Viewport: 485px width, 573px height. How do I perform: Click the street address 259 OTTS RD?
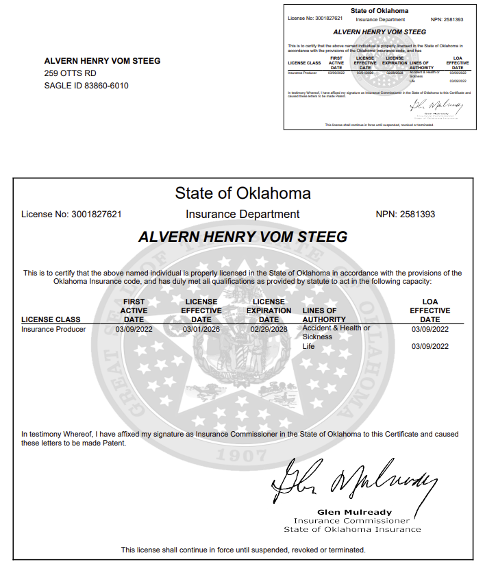coord(71,73)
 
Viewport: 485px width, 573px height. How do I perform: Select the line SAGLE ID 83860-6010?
coord(86,86)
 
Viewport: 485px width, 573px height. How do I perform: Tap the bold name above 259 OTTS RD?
coord(102,61)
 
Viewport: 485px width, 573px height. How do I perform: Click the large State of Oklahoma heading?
coord(242,193)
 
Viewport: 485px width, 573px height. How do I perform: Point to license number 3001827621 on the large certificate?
coord(97,215)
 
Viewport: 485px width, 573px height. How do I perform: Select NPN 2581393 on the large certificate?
coord(406,215)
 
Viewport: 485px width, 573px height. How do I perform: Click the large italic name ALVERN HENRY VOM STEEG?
coord(242,237)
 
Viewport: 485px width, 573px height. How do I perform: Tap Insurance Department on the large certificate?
coord(242,215)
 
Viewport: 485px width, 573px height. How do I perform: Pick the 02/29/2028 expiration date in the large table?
coord(269,330)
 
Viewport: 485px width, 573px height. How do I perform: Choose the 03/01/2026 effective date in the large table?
coord(201,330)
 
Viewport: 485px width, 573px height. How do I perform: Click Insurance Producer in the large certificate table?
coord(53,330)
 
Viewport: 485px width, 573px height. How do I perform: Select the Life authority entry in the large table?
coord(309,347)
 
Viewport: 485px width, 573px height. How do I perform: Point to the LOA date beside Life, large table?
coord(430,347)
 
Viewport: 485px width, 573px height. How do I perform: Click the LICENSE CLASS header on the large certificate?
coord(51,319)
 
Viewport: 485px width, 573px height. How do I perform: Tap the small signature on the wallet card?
coord(436,106)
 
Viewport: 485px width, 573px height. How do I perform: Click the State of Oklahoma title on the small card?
coord(380,11)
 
